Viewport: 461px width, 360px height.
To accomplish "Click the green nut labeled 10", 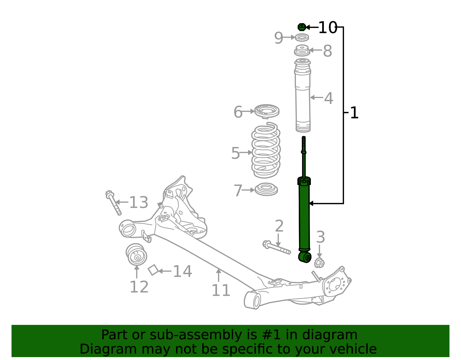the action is coord(301,27).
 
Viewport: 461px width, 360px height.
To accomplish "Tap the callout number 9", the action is coord(278,38).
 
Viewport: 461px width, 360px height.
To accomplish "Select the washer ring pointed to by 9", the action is coord(302,37).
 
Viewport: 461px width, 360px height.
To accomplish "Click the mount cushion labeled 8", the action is coord(302,50).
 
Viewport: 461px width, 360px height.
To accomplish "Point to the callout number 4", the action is coord(329,98).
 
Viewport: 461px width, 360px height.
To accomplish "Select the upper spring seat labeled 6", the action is coord(267,111).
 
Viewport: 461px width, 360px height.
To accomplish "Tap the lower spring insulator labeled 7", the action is coord(266,189).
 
